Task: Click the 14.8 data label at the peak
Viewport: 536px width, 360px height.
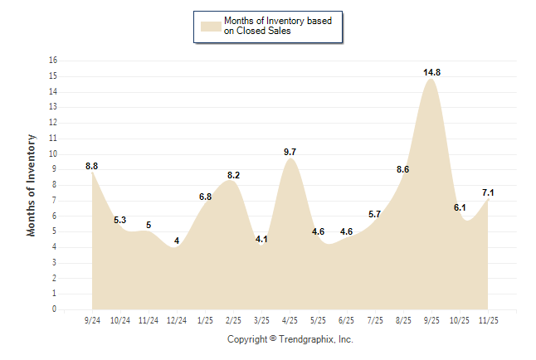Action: coord(431,73)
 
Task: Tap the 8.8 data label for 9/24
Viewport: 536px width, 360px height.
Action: coord(92,167)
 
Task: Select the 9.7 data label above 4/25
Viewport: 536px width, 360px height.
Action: coord(290,153)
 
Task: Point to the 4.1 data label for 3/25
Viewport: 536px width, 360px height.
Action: coord(261,239)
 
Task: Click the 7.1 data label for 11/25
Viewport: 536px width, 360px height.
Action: coord(488,193)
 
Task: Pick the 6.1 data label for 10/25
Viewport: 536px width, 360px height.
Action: coord(460,208)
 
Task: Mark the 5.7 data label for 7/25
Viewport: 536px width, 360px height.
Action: coord(374,215)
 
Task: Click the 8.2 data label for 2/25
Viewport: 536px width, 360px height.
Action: coord(233,176)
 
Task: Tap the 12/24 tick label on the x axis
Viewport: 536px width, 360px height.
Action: coord(177,319)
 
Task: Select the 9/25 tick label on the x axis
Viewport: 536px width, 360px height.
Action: coord(431,319)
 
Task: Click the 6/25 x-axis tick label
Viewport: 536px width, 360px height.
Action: coord(346,319)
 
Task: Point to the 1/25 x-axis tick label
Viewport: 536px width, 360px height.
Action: coord(205,319)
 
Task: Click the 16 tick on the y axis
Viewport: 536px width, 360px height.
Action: coord(53,61)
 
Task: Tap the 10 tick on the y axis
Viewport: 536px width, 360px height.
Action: coord(53,154)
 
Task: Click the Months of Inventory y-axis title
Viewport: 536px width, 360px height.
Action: coord(32,185)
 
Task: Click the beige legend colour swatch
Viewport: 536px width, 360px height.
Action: coord(210,26)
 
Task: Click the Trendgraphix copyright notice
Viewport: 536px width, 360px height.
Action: coord(290,339)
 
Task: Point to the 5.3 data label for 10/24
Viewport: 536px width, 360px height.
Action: coord(120,221)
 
